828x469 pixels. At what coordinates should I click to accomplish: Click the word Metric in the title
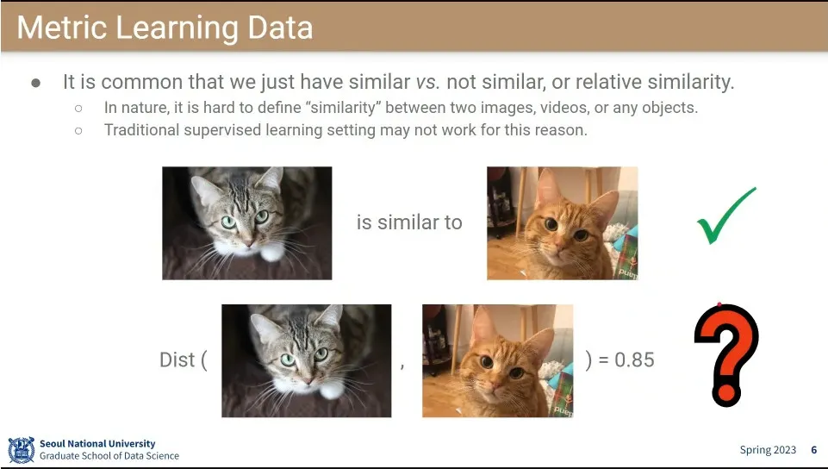pyautogui.click(x=62, y=28)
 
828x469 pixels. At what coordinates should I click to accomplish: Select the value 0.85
pyautogui.click(x=634, y=360)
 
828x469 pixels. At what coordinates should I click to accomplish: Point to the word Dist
pyautogui.click(x=177, y=360)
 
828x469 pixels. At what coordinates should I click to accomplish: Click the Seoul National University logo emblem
pyautogui.click(x=22, y=450)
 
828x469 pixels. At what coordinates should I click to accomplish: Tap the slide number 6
pyautogui.click(x=813, y=450)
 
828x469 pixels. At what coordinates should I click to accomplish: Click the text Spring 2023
pyautogui.click(x=768, y=450)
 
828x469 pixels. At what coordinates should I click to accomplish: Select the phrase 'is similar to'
pyautogui.click(x=409, y=222)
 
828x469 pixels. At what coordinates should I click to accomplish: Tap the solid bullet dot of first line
pyautogui.click(x=36, y=83)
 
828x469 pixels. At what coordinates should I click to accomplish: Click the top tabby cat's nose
pyautogui.click(x=249, y=242)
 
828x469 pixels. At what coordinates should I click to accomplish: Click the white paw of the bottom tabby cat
pyautogui.click(x=332, y=391)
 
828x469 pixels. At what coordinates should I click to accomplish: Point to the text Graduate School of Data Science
pyautogui.click(x=109, y=456)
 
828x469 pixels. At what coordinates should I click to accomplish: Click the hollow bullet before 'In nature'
pyautogui.click(x=78, y=109)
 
